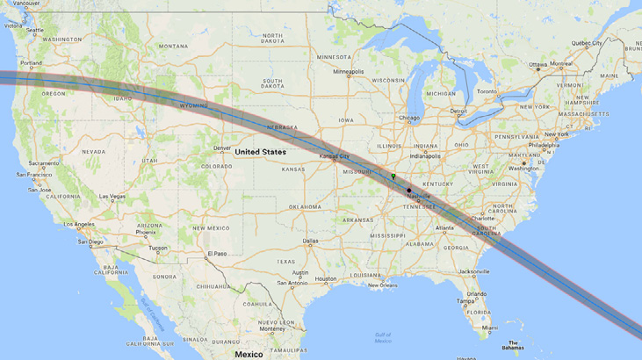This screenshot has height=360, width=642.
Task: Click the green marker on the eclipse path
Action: coord(393,176)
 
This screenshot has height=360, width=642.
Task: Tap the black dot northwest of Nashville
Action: coord(408,190)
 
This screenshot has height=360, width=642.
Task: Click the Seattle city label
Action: coord(34,30)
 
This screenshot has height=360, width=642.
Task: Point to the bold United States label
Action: coord(260,152)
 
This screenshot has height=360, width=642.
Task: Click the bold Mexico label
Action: coord(249,354)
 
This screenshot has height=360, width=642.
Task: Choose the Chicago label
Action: coord(408,118)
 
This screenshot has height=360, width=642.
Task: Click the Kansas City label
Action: coord(333,156)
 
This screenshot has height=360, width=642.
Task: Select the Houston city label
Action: coord(326,279)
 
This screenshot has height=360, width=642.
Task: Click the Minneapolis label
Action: coord(348,72)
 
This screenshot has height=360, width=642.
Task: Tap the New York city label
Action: coord(556,134)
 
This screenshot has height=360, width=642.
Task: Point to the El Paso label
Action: coord(216,255)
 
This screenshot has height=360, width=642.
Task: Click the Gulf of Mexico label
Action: coord(382,337)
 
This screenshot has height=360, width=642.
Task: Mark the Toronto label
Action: coord(487,91)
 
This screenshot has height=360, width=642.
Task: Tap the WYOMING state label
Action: coord(194,105)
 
